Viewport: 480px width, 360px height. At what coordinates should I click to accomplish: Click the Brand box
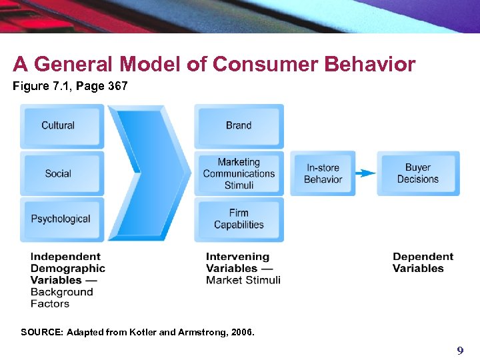(239, 126)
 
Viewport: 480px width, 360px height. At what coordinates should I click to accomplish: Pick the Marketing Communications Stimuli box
(239, 173)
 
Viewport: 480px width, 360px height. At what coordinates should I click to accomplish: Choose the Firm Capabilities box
(239, 219)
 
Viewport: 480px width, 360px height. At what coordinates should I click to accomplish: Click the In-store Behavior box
(323, 173)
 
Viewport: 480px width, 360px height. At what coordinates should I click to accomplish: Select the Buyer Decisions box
(418, 173)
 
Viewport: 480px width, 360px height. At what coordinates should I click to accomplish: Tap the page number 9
(459, 351)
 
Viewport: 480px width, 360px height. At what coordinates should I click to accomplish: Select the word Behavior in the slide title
(369, 65)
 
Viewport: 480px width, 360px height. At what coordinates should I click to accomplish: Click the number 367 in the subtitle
(115, 86)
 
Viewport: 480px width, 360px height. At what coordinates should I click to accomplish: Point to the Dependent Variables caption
(423, 263)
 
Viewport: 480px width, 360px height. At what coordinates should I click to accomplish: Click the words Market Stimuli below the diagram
(243, 280)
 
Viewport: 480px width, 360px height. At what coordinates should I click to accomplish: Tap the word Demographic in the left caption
(67, 269)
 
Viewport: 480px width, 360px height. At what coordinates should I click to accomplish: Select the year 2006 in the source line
(241, 332)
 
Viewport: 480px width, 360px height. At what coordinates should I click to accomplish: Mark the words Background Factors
(61, 298)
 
